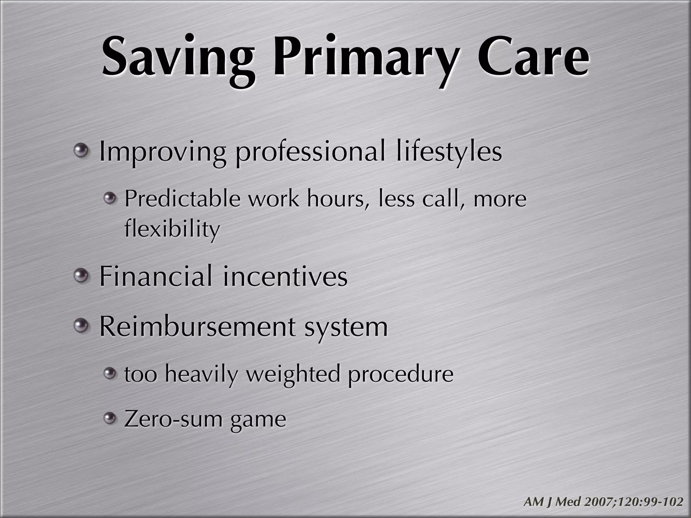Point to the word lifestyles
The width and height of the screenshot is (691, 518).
(x=449, y=152)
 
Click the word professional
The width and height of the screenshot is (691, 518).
(x=310, y=152)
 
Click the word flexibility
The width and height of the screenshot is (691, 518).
(x=172, y=229)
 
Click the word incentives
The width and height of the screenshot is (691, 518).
(x=285, y=277)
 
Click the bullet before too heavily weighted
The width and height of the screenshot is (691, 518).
(x=109, y=373)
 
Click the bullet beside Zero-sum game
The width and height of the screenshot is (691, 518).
(x=109, y=419)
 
